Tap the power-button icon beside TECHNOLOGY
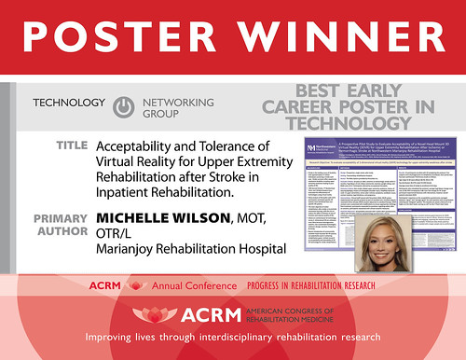pos(122,107)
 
